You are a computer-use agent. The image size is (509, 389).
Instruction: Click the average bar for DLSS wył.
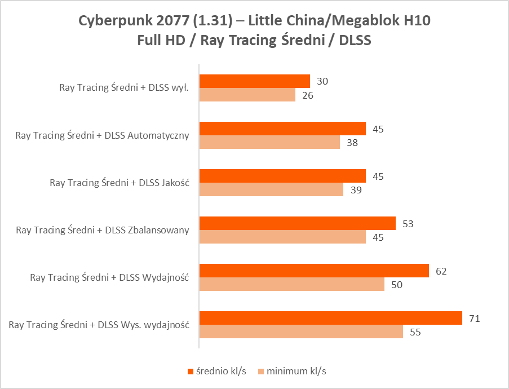(x=254, y=81)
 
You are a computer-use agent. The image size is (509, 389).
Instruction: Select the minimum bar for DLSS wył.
(x=247, y=95)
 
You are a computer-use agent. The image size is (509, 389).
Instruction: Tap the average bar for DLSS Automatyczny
(x=282, y=129)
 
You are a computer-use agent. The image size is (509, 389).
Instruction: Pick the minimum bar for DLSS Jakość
(x=271, y=190)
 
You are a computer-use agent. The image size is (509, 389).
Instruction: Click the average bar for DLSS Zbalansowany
(x=297, y=224)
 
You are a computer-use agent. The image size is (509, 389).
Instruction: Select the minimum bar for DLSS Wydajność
(x=291, y=285)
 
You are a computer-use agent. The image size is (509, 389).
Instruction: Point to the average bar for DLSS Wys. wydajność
(x=330, y=319)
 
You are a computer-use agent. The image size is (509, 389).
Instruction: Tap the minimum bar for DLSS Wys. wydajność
(x=301, y=332)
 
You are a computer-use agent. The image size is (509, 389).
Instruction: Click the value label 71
(x=474, y=319)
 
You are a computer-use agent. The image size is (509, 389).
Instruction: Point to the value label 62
(x=441, y=271)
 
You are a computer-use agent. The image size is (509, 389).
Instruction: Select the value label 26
(x=307, y=95)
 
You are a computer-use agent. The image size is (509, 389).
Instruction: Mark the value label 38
(x=352, y=143)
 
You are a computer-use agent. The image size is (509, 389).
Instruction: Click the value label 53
(x=408, y=224)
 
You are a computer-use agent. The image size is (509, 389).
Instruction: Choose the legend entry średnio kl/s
(x=217, y=371)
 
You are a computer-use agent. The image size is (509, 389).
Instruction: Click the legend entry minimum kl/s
(x=292, y=371)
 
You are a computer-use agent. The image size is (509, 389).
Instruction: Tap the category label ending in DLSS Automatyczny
(x=102, y=135)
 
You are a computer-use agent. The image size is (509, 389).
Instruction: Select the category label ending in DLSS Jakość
(x=119, y=183)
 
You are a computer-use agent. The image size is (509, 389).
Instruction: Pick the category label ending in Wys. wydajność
(x=99, y=325)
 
